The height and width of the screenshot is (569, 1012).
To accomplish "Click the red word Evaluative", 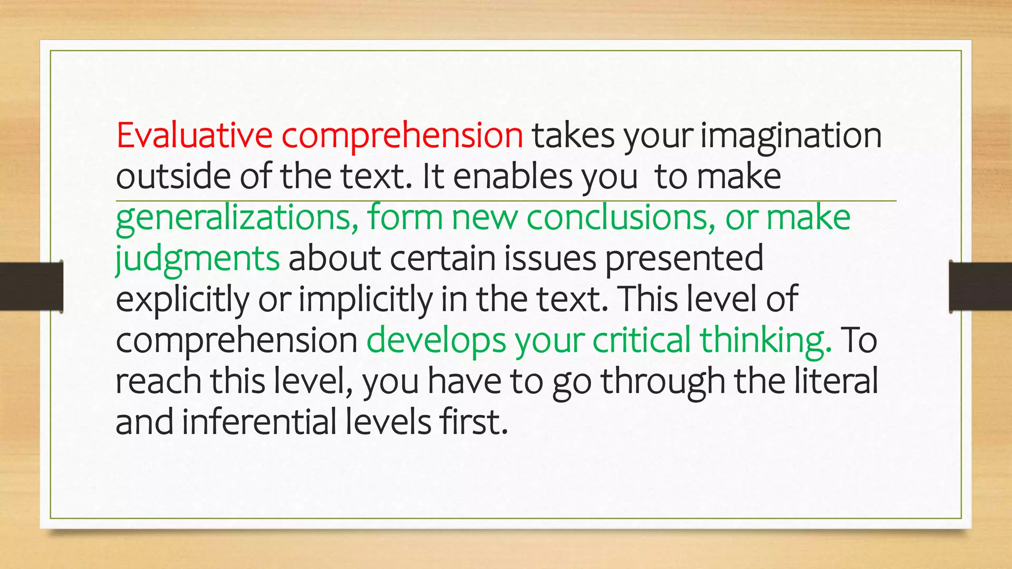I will (x=194, y=135).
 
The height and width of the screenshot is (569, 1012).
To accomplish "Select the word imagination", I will (x=791, y=136).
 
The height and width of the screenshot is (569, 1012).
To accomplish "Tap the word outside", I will (x=172, y=176).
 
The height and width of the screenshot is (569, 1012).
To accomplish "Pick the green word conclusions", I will (x=621, y=217).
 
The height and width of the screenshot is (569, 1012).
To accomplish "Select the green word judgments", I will (x=197, y=259).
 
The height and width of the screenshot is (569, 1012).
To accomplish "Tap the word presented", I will (x=684, y=259).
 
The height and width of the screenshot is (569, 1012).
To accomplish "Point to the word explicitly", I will (x=182, y=300).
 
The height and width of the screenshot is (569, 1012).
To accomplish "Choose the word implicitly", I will (x=365, y=300).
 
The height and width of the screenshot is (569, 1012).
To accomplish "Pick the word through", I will (x=663, y=382).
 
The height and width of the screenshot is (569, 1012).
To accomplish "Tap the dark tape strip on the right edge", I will (x=980, y=286).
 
